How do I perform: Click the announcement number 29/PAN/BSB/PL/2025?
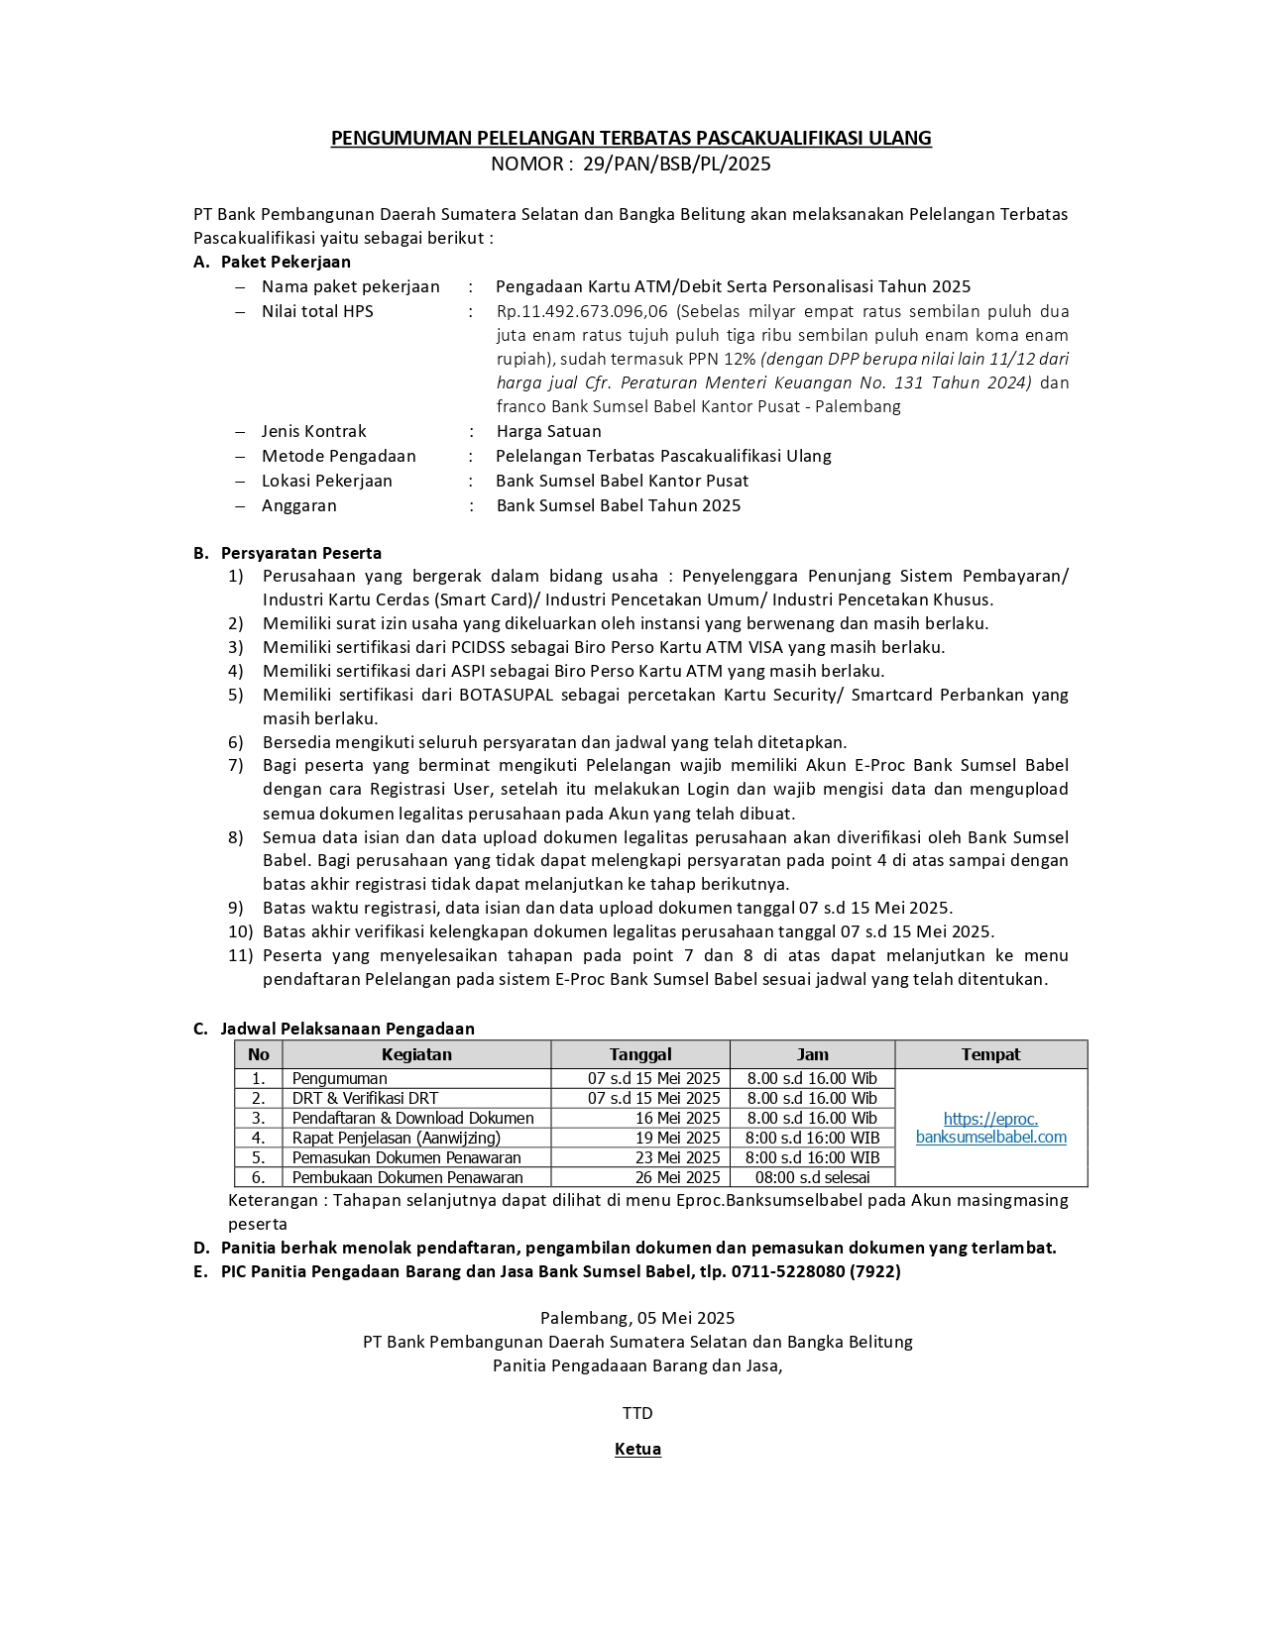[676, 164]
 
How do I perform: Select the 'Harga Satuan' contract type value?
[548, 431]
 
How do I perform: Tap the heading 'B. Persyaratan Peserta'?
[287, 553]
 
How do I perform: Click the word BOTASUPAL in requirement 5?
[506, 695]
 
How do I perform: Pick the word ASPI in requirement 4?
[481, 671]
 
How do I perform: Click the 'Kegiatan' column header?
[416, 1054]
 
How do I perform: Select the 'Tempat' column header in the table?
[989, 1054]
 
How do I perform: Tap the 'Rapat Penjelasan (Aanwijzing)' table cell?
[396, 1138]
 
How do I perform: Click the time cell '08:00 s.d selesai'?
[812, 1177]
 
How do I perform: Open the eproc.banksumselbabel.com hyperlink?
[990, 1128]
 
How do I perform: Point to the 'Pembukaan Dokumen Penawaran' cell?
[407, 1177]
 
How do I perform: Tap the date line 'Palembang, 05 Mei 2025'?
[637, 1318]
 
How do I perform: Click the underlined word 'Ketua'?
[637, 1449]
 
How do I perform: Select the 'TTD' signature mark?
[637, 1413]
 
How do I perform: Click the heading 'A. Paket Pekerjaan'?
[273, 262]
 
